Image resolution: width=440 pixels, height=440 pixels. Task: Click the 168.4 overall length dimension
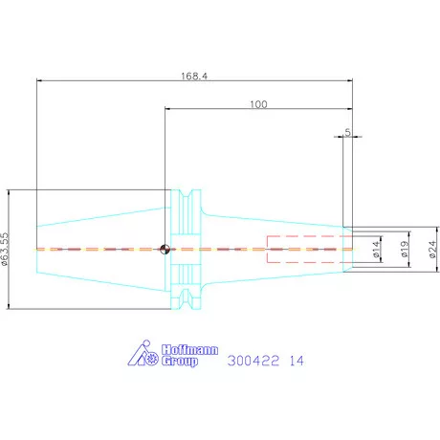pyautogui.click(x=194, y=77)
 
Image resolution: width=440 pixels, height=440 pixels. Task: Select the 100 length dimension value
pyautogui.click(x=258, y=104)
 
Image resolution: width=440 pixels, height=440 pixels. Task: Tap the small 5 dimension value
pyautogui.click(x=347, y=132)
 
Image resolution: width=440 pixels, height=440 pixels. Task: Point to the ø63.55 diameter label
pyautogui.click(x=5, y=249)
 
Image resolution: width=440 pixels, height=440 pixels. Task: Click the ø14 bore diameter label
pyautogui.click(x=376, y=250)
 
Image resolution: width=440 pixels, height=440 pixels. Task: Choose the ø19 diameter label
pyautogui.click(x=405, y=249)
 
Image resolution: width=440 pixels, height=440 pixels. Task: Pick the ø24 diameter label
pyautogui.click(x=432, y=250)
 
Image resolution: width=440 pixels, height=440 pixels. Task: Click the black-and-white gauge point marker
pyautogui.click(x=165, y=249)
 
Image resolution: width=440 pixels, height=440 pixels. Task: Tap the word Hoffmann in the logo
pyautogui.click(x=189, y=350)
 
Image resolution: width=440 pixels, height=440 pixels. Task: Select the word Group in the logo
pyautogui.click(x=180, y=362)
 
